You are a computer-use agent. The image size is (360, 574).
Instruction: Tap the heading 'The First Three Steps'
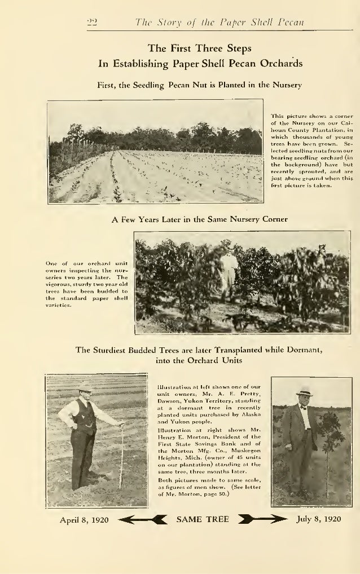click(x=200, y=49)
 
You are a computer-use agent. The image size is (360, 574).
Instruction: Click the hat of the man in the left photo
click(x=85, y=386)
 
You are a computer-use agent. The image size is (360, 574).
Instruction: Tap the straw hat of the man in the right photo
click(x=305, y=392)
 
